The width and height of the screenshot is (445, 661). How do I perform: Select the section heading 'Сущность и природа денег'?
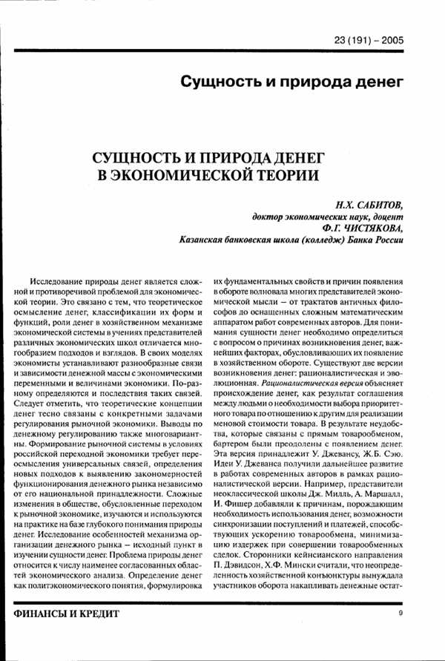point(292,80)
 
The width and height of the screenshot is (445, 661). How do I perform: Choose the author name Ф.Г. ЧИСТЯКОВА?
point(358,228)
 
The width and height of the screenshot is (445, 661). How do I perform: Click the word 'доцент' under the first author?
point(385,216)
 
